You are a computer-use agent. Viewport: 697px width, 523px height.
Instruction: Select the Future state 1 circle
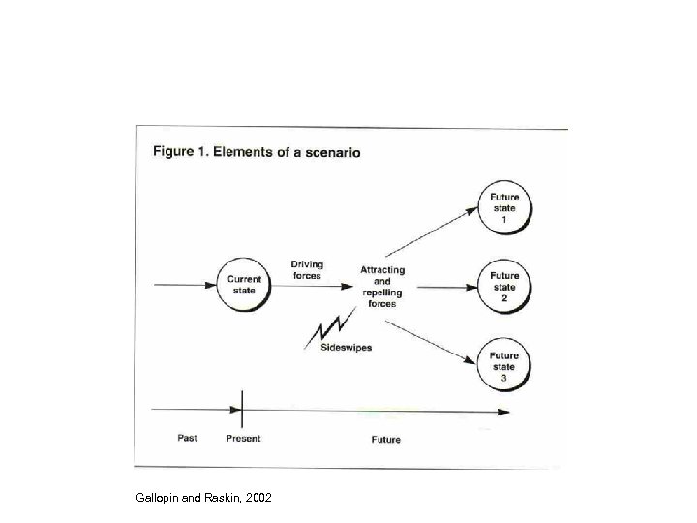[503, 207]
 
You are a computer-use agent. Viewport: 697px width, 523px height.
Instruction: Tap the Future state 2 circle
[503, 287]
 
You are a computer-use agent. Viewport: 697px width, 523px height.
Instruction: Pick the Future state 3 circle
[503, 365]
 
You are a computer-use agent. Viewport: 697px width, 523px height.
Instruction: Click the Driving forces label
[307, 270]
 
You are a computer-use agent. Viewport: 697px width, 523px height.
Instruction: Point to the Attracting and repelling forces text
[382, 287]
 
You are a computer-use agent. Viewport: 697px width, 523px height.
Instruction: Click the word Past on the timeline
[188, 438]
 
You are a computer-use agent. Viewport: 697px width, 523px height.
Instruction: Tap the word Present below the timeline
[243, 439]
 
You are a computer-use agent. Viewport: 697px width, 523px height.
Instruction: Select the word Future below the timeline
[385, 439]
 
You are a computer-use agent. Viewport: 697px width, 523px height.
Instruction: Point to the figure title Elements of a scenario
[257, 151]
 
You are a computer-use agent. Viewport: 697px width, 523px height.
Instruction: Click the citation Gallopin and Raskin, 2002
[205, 498]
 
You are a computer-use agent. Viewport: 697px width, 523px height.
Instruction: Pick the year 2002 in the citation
[258, 498]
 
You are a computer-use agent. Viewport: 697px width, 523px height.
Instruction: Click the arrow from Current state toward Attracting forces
[314, 286]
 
